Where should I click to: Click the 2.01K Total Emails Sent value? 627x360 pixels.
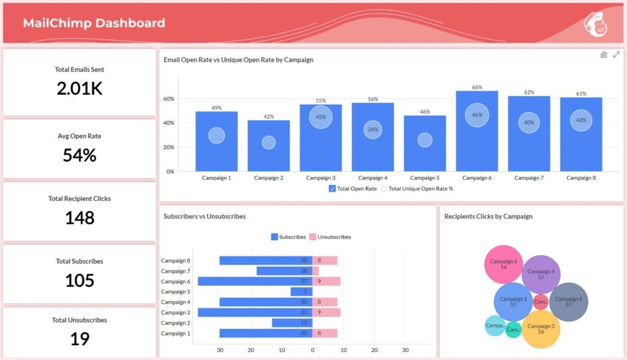80,89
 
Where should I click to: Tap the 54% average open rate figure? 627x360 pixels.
80,156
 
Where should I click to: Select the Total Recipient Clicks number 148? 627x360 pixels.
80,218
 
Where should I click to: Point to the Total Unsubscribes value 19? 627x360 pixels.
80,339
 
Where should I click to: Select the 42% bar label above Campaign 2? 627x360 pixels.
268,116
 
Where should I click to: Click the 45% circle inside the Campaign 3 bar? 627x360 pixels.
320,117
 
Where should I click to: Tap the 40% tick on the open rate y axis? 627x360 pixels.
168,123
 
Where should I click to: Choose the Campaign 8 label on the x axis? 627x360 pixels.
580,178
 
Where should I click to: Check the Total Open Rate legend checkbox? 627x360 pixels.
332,189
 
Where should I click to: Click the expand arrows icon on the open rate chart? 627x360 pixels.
616,55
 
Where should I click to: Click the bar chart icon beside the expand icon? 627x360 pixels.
604,55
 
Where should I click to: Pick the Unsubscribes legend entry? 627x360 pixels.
330,237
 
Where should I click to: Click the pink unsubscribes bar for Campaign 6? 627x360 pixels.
326,282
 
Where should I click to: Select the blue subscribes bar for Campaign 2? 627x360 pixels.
292,323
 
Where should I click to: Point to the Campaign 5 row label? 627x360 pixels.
176,292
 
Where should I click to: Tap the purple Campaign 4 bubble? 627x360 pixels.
541,274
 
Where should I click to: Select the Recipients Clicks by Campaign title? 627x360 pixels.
488,216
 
